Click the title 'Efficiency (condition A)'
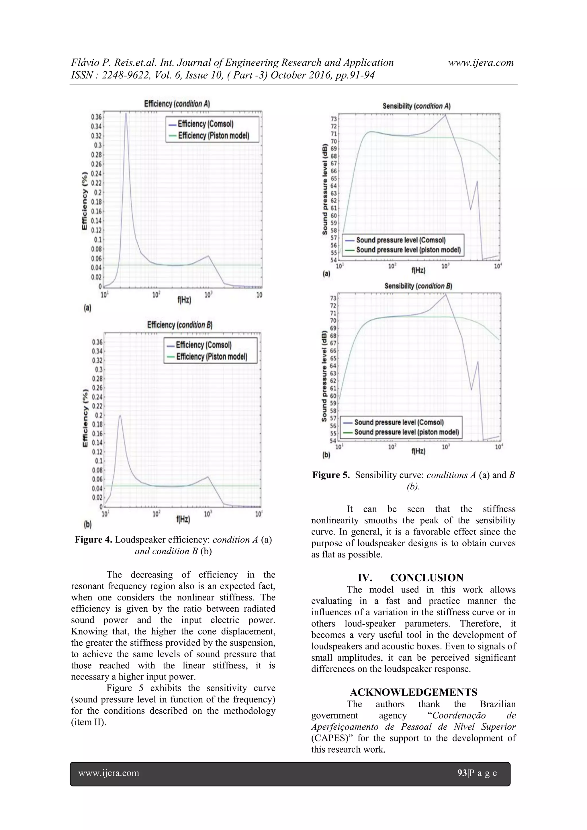(177, 104)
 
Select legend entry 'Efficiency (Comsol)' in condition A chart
(205, 124)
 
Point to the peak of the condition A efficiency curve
(126, 113)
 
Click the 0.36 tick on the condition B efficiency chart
(97, 342)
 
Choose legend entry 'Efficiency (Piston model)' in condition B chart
(212, 357)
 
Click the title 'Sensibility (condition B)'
(418, 286)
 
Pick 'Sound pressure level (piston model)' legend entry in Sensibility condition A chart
(408, 250)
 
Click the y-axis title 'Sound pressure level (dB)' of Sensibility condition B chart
(324, 376)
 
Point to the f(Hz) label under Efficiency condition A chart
(184, 300)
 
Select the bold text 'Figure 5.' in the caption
(331, 475)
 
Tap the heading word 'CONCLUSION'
(426, 578)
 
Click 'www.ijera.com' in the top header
(481, 62)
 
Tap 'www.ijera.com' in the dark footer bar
(109, 773)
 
